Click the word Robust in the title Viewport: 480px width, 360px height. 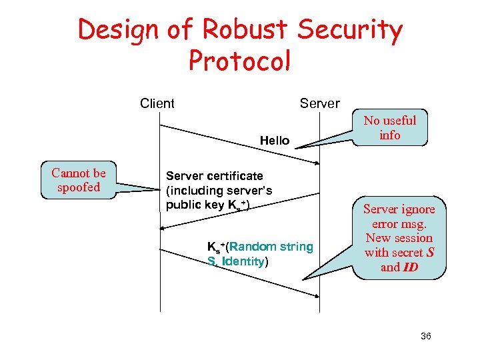242,31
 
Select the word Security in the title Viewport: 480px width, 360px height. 350,31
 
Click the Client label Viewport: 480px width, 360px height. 157,103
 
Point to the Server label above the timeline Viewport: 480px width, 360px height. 319,103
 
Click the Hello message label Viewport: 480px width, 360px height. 275,140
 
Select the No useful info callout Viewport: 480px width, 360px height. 390,128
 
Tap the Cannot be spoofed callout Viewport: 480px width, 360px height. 78,180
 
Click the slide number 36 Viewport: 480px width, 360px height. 426,336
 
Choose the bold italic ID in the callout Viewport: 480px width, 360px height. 409,267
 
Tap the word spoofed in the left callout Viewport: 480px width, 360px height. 78,187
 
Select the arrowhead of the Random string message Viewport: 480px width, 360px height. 315,293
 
